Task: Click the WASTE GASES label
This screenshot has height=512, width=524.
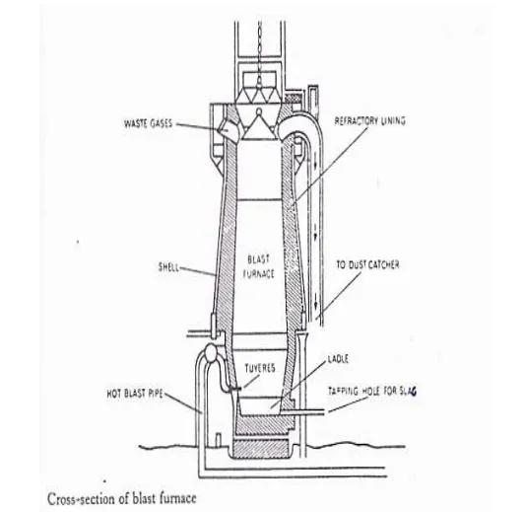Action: tap(149, 124)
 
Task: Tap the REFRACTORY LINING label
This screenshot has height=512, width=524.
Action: tap(370, 120)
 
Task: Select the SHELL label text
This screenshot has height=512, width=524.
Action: tap(168, 267)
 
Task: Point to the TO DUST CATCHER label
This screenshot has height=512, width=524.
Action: tap(367, 265)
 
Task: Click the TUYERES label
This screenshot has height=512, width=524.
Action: tap(260, 368)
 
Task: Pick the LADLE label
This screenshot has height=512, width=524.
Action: tap(338, 359)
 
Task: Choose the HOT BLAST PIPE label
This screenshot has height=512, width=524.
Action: tap(135, 394)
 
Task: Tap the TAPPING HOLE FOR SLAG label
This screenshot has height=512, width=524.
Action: tap(372, 391)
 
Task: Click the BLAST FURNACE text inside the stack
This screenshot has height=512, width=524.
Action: tap(259, 266)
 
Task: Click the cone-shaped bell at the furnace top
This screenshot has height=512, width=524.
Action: tap(259, 126)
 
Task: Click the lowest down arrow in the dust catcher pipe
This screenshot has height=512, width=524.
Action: tap(315, 305)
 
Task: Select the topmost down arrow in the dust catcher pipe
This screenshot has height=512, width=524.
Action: tap(315, 164)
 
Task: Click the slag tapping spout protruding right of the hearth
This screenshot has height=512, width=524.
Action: tap(302, 412)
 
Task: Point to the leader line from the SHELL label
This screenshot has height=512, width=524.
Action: tap(198, 271)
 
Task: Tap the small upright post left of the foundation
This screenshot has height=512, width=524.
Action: tap(219, 440)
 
